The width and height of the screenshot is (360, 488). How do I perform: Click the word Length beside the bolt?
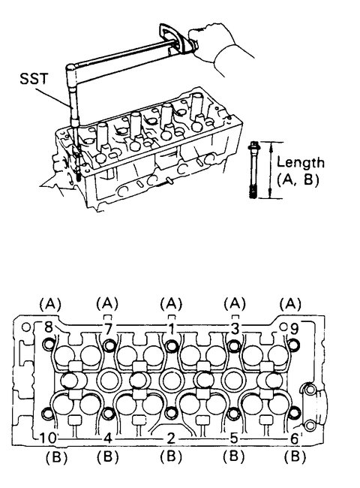[301, 161]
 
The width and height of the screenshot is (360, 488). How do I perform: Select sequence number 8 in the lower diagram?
[49, 327]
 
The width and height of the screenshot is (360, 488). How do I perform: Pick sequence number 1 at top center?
[172, 329]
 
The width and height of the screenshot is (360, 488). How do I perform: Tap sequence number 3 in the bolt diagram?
[235, 329]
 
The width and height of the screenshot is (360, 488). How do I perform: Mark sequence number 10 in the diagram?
[46, 437]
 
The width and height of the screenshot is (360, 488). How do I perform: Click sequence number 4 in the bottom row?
[109, 437]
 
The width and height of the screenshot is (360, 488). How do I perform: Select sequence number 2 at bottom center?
[171, 437]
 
